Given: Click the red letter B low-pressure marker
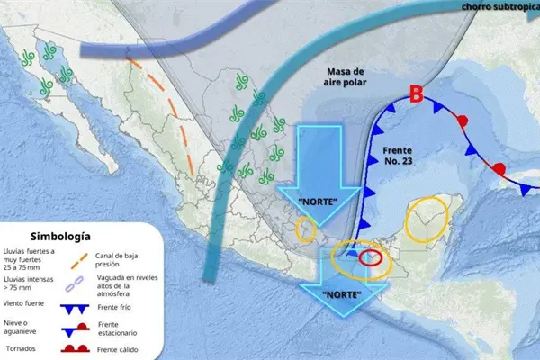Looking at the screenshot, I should pos(416,94).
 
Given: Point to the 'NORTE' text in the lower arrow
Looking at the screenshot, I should pos(342,294).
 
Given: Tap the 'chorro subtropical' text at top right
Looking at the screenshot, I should pos(500,7).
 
